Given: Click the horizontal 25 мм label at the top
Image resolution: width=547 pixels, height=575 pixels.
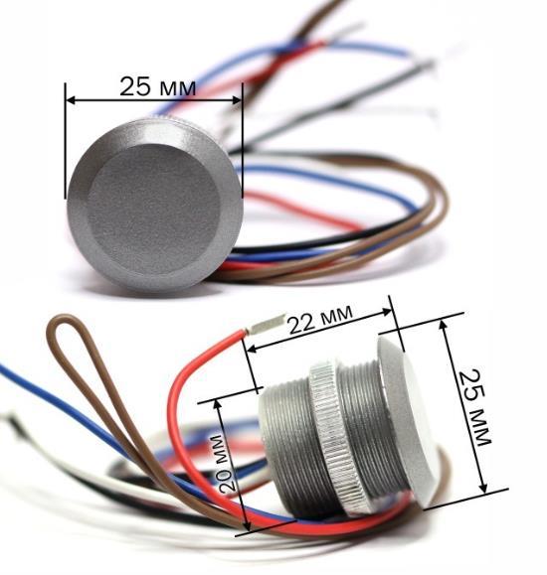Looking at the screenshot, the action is (x=158, y=87).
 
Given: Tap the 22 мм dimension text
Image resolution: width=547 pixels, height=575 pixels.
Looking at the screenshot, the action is (x=320, y=319).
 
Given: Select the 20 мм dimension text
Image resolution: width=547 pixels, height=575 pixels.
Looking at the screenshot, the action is (x=224, y=463).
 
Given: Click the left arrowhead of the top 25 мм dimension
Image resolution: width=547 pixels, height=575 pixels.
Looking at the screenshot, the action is (x=71, y=99).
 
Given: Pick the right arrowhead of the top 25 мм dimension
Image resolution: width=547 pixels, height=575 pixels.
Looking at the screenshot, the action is (x=237, y=99).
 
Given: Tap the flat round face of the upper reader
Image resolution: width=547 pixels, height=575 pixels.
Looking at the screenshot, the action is (x=153, y=210).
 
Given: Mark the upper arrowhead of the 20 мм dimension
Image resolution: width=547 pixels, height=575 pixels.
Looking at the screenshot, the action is (x=218, y=404).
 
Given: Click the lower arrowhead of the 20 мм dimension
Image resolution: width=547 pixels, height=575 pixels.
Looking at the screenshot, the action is (x=248, y=525).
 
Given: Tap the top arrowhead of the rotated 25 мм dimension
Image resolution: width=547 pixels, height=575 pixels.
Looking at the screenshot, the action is (x=444, y=325).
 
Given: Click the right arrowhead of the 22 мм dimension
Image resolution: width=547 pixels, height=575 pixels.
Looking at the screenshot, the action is (x=387, y=312).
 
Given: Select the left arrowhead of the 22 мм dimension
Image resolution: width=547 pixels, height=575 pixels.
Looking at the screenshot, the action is (x=252, y=349).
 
